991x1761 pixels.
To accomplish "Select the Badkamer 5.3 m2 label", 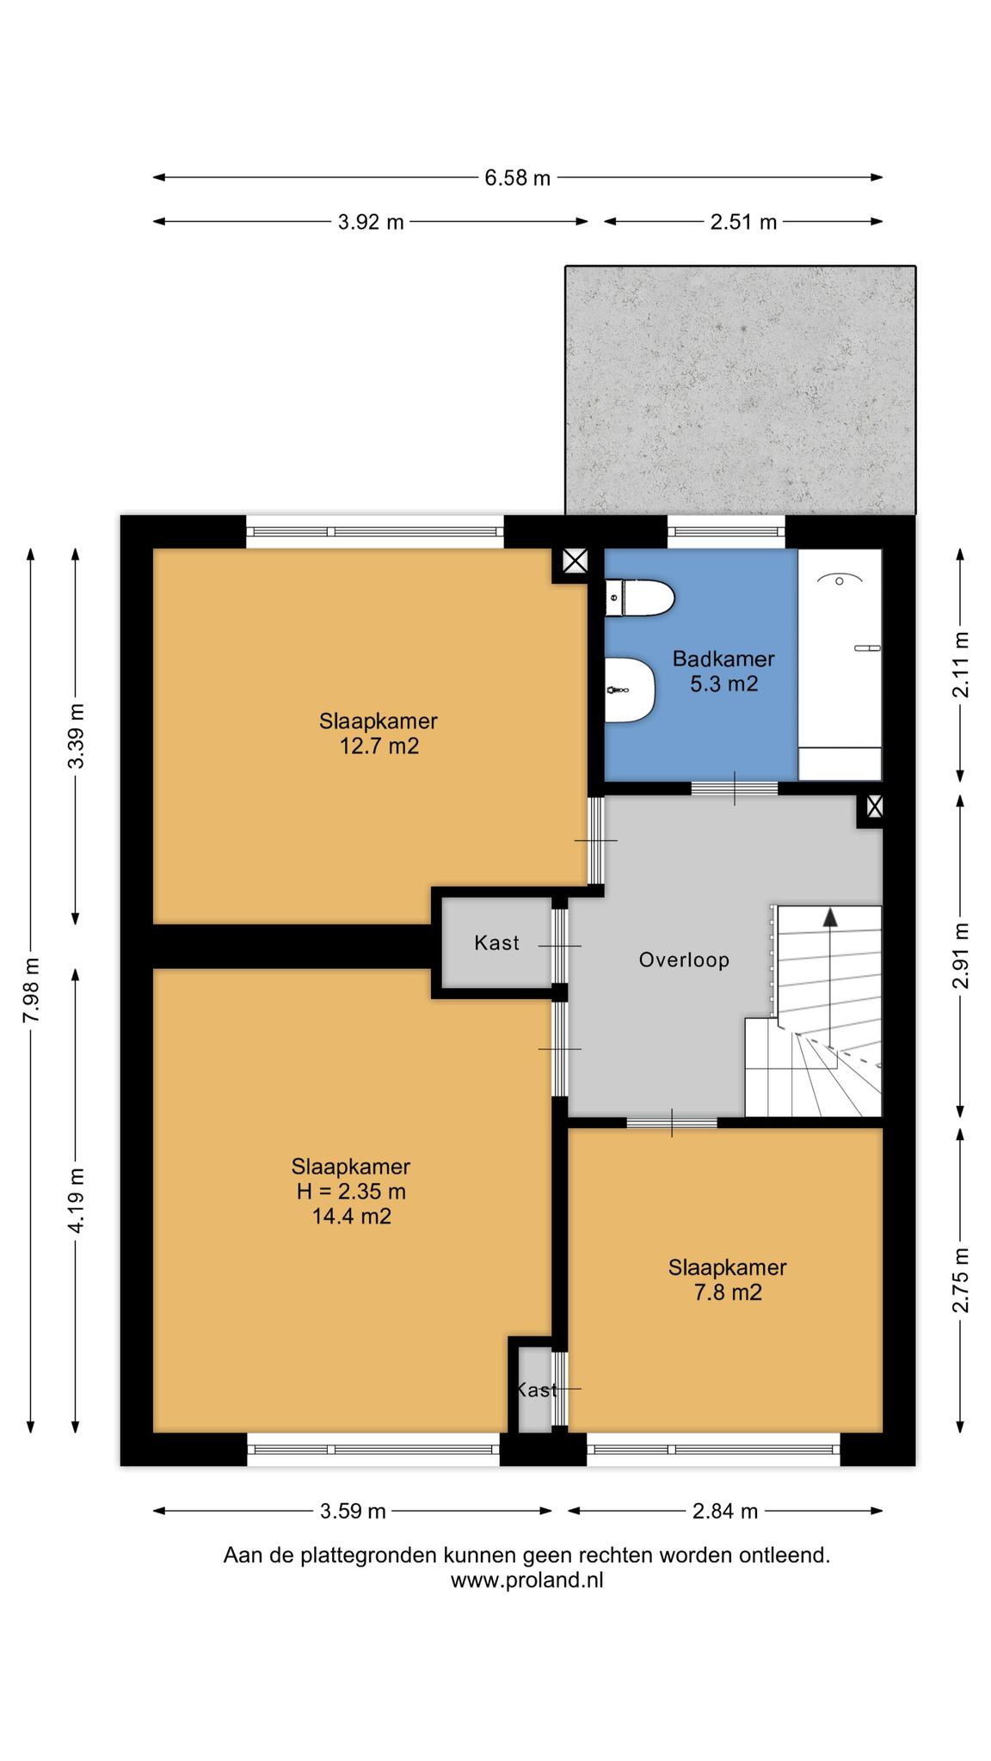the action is tap(723, 672).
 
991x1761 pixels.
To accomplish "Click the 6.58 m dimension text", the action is tap(517, 178).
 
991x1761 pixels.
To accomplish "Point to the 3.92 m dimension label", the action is tap(371, 222).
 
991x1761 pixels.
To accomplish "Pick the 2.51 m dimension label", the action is tap(743, 222).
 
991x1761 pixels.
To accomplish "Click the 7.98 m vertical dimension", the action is tap(31, 990).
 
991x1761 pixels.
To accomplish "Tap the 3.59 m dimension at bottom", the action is tap(353, 1511).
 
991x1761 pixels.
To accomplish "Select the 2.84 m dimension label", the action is tap(725, 1511).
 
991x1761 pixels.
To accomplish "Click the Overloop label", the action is tap(684, 960).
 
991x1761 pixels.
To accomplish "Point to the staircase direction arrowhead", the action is tap(830, 917).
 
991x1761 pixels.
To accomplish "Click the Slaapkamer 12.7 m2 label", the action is tap(379, 733).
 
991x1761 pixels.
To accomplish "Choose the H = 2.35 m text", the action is tap(349, 1192).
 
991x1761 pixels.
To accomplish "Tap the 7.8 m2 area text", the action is tap(728, 1292).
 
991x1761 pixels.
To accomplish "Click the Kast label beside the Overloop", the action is tap(496, 943).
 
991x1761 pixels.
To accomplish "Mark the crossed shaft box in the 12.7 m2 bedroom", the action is tap(575, 562).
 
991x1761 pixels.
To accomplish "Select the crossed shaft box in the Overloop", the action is tap(874, 807).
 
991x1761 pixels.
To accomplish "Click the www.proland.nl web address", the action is tap(526, 1580).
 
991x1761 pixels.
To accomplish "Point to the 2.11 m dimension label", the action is tap(961, 665).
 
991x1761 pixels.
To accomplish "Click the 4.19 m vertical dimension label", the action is tap(76, 1200).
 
